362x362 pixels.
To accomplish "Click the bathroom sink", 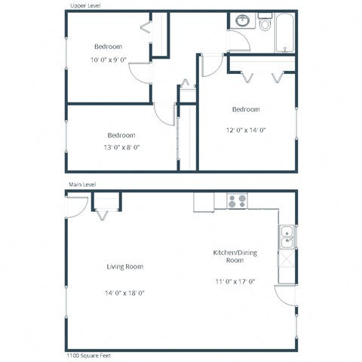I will click(x=243, y=22).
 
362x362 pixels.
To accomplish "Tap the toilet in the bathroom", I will click(x=265, y=23).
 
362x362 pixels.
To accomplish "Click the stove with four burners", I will click(x=237, y=201).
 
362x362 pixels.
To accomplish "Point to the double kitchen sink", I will click(x=287, y=237).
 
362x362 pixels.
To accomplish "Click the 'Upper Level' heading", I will click(x=85, y=5).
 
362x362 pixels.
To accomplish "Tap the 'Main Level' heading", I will click(x=84, y=184).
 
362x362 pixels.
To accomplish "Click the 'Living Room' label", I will click(x=125, y=267).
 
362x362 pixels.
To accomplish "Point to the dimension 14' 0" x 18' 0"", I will click(x=125, y=293).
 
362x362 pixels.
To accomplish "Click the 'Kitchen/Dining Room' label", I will click(x=235, y=256).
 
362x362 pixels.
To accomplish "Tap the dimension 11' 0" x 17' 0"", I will click(x=235, y=282).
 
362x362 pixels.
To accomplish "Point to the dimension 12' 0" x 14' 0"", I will click(x=246, y=130).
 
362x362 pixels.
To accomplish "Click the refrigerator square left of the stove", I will click(x=204, y=201).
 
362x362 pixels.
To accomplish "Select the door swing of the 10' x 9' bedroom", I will click(x=140, y=74).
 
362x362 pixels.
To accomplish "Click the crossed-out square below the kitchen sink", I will click(x=287, y=260).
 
